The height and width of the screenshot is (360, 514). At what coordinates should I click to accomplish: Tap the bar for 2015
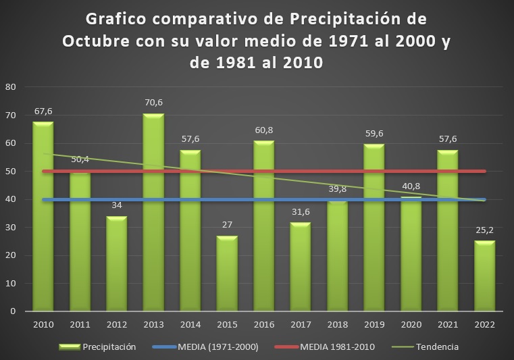pos(227,274)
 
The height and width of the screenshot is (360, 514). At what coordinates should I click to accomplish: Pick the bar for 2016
pos(263,226)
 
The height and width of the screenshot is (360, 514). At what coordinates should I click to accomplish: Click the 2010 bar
pos(43,216)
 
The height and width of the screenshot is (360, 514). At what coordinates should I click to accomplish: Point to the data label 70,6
pos(153,103)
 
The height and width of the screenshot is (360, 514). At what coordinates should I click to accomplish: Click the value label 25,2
pos(484,230)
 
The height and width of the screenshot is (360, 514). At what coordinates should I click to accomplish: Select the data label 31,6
pos(301,212)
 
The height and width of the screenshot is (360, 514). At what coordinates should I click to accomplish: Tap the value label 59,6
pos(374,134)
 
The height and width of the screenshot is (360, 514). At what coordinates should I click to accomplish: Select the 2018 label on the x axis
pos(337,324)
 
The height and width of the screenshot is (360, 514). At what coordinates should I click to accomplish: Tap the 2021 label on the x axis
pos(447,324)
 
